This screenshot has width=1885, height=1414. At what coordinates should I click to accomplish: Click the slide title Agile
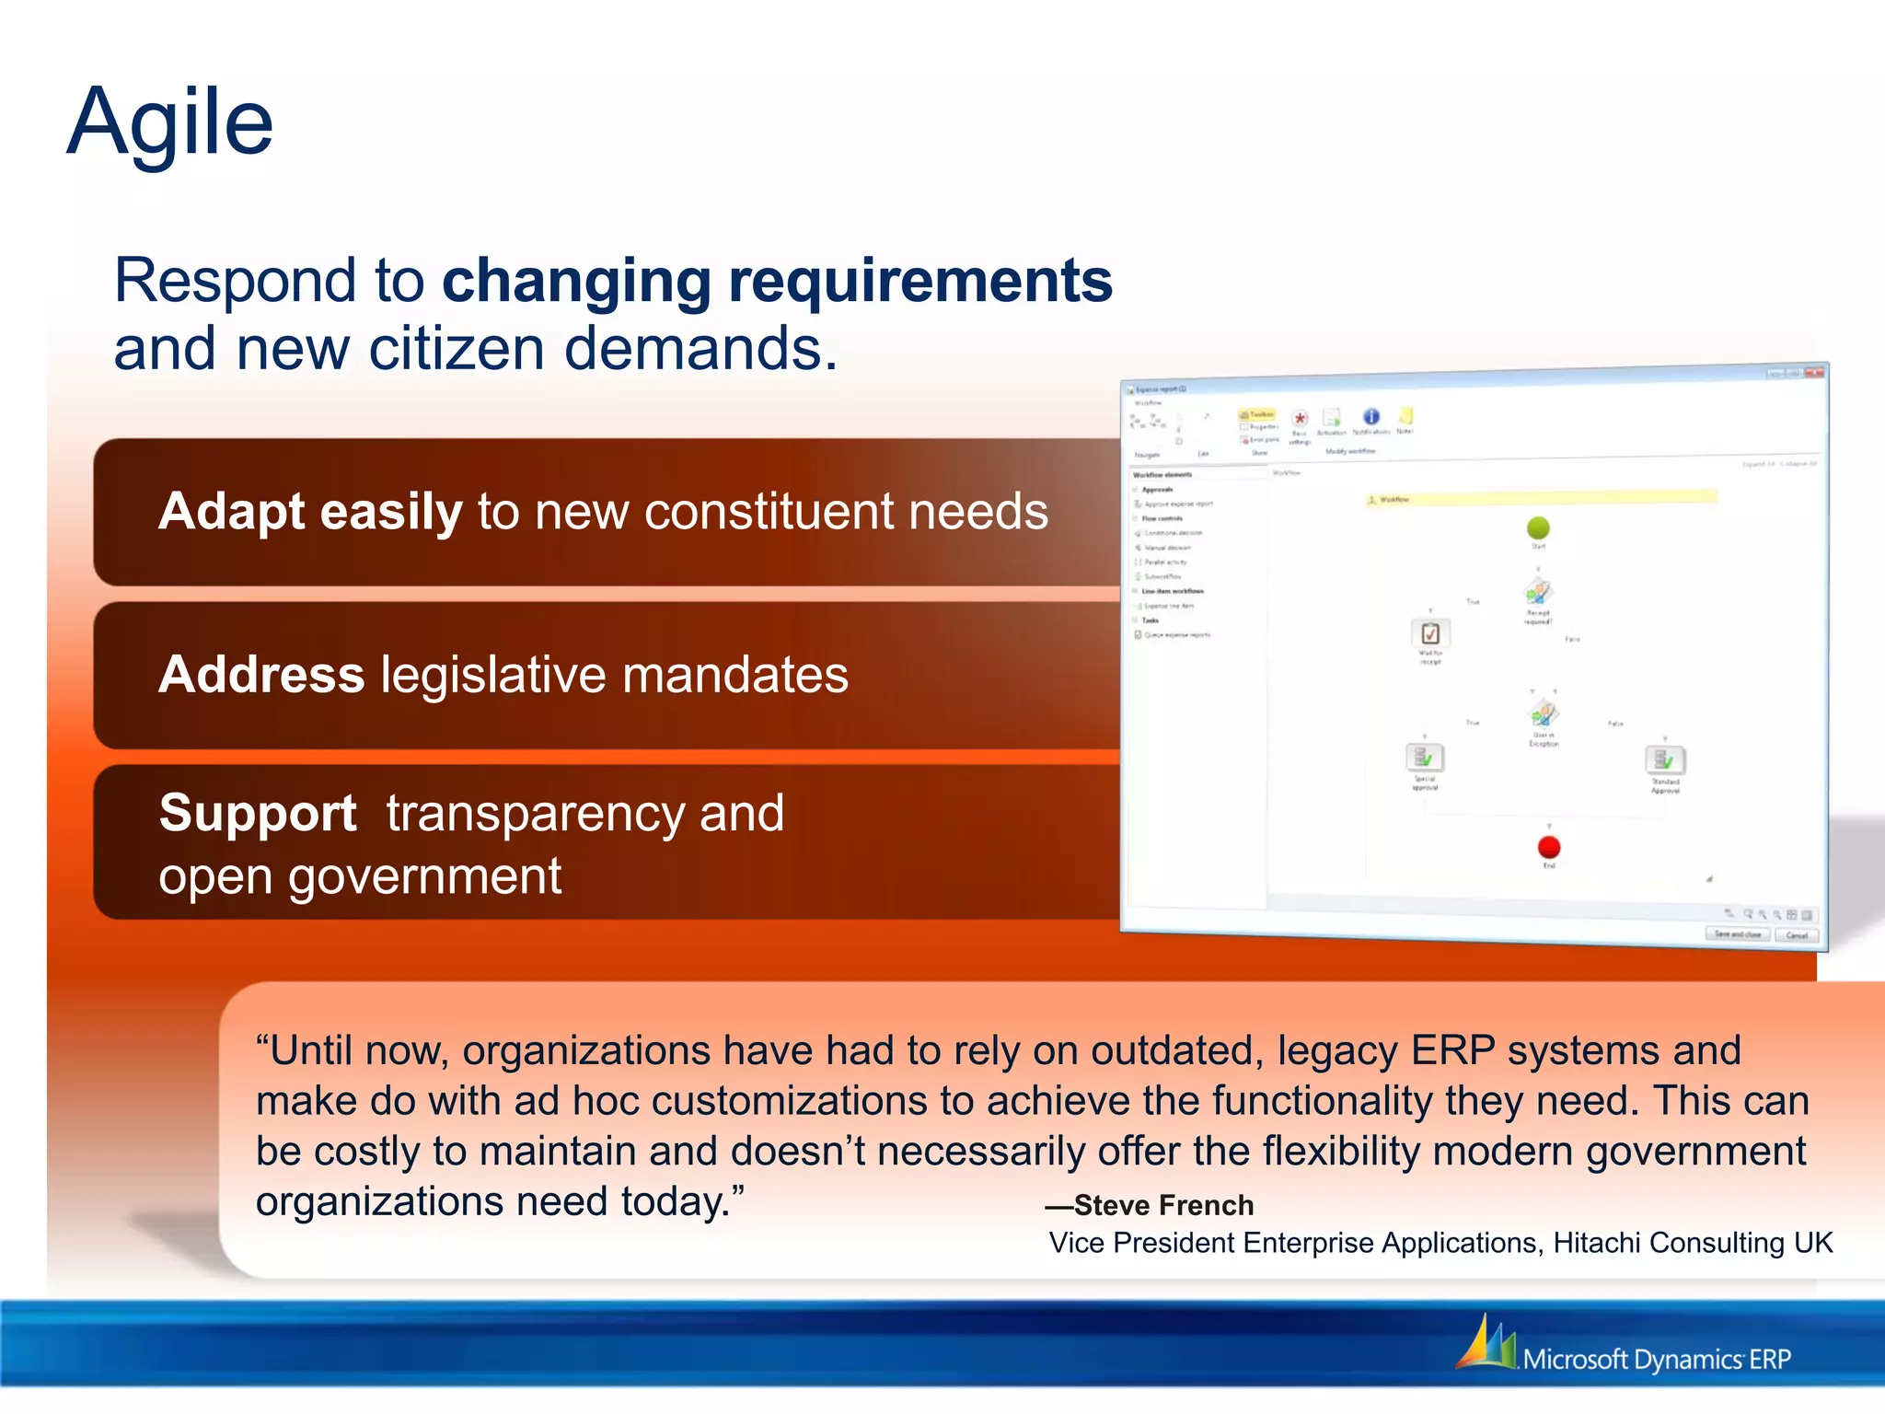pos(170,122)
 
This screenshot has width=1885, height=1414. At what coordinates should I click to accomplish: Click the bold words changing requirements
pos(777,281)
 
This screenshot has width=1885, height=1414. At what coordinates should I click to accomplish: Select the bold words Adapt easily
pos(310,512)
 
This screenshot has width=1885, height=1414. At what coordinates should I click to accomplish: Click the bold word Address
pos(261,675)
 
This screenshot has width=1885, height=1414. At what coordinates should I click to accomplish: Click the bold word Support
pos(258,814)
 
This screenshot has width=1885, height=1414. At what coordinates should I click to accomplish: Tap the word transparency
pos(535,814)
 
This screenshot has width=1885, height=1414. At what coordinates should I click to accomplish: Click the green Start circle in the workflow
pos(1538,527)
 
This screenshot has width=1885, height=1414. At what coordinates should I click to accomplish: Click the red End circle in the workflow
pos(1549,847)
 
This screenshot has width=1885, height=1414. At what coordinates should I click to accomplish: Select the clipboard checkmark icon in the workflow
pos(1430,633)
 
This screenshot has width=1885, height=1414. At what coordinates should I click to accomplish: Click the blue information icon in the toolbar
pos(1370,417)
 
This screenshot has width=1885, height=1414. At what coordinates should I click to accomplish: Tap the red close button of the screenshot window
pos(1814,373)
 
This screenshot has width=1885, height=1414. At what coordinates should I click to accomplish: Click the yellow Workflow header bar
pos(1541,498)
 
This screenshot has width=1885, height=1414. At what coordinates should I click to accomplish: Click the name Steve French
pos(1163,1205)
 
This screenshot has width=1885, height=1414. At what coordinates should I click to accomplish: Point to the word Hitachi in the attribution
pos(1597,1243)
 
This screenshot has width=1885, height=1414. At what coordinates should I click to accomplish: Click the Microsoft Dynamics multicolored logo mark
pos(1486,1343)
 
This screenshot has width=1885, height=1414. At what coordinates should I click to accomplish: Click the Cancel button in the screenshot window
pos(1797,935)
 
